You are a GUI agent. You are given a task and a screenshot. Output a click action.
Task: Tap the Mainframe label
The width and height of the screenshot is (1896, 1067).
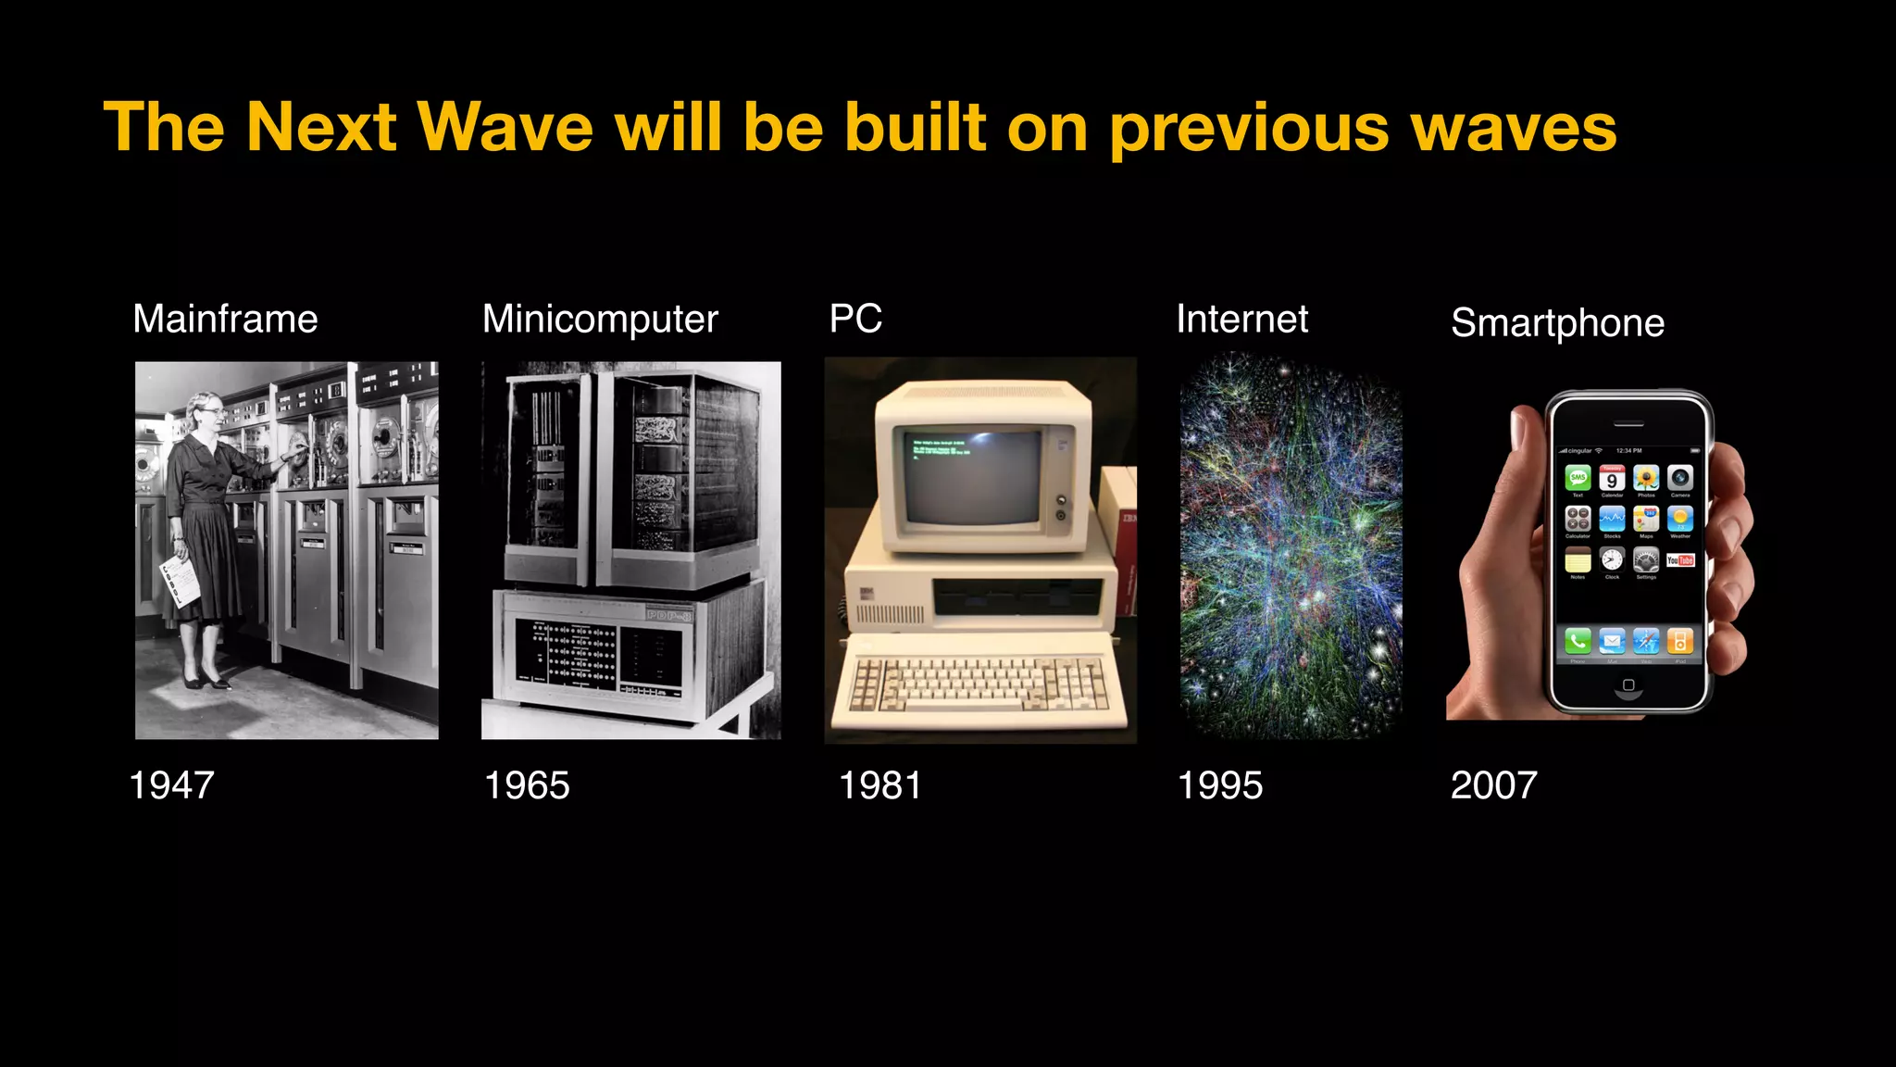tap(225, 320)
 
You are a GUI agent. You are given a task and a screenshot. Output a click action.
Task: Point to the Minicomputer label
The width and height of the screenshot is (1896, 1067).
tap(600, 320)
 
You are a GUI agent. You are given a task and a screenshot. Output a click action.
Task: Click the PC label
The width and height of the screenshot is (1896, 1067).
tap(855, 319)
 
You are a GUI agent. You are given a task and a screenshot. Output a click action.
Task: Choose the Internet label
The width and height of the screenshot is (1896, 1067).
tap(1241, 320)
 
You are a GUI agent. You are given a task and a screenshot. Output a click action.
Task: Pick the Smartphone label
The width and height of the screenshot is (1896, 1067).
tap(1557, 323)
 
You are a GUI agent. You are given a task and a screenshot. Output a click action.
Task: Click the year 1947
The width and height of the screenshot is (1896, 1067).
tap(172, 785)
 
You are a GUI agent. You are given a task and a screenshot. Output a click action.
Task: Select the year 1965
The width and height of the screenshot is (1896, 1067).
tap(527, 785)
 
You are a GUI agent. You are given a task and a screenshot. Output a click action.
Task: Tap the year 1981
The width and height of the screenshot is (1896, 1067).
tap(879, 785)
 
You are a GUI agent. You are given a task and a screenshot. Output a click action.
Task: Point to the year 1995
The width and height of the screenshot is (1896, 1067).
tap(1219, 785)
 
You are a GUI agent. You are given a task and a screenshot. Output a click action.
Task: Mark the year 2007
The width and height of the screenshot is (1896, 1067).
tap(1493, 785)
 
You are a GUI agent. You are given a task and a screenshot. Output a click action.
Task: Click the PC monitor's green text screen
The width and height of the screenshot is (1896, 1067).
tap(972, 474)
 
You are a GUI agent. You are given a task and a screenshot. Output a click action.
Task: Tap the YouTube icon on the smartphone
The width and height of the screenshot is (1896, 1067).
tap(1680, 560)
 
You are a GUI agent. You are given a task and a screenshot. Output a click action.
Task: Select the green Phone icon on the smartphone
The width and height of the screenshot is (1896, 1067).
tap(1578, 640)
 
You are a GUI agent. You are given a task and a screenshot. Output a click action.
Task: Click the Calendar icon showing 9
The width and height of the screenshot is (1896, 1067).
tap(1612, 479)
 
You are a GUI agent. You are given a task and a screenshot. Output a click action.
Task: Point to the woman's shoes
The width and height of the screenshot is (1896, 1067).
tap(206, 683)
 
